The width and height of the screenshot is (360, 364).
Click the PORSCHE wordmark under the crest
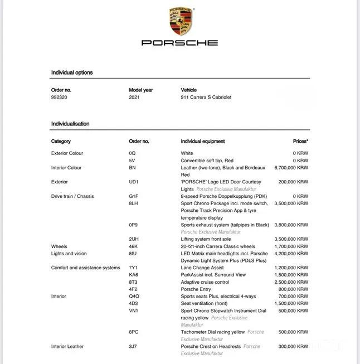(x=179, y=43)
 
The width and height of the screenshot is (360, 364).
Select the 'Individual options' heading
(x=72, y=72)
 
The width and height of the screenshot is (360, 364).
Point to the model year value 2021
(x=135, y=97)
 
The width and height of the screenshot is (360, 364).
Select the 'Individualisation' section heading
(x=70, y=124)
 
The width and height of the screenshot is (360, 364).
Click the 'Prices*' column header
(x=300, y=142)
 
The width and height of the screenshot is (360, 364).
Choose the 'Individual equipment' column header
(x=203, y=142)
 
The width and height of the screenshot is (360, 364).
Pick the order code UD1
(x=134, y=182)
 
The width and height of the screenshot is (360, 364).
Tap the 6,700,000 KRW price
(x=291, y=167)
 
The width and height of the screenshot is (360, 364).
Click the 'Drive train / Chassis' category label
(x=72, y=196)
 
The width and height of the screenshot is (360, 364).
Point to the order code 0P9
(x=133, y=225)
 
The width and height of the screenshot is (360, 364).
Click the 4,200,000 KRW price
(x=291, y=254)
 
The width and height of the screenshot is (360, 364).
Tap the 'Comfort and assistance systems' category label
(x=85, y=268)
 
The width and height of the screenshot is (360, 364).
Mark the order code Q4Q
(x=134, y=297)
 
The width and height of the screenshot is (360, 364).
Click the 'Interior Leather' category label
(x=67, y=347)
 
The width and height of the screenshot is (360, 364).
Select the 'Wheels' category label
(x=59, y=246)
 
